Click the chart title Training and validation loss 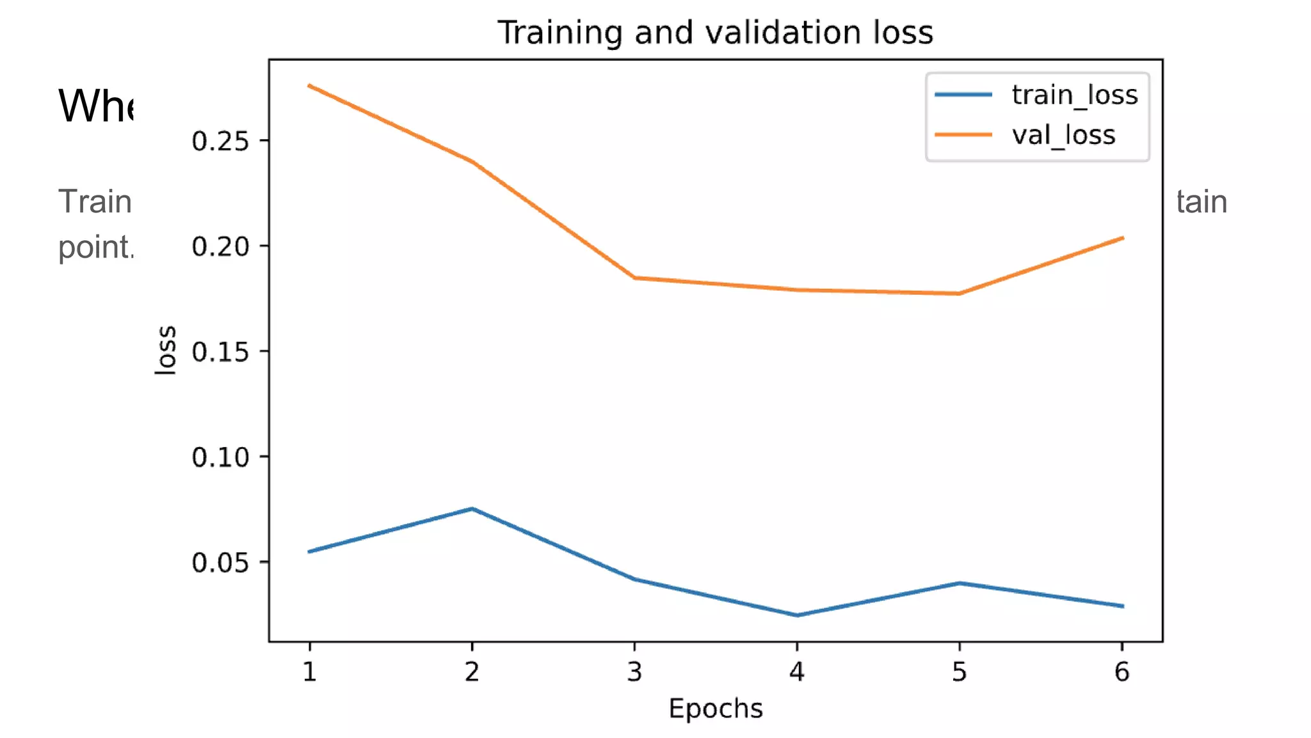tap(715, 32)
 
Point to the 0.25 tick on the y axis tap(220, 141)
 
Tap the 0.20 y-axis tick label tap(220, 247)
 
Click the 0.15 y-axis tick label tap(220, 352)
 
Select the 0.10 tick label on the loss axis tap(220, 457)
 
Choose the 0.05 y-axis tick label tap(220, 562)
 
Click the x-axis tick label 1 tap(310, 671)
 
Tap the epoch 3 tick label tap(634, 671)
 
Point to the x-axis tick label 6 tap(1122, 671)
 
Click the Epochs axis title tap(715, 709)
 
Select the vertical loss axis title tap(166, 350)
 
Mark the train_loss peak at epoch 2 tap(472, 509)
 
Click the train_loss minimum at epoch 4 tap(797, 615)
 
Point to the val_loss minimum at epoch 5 tap(959, 293)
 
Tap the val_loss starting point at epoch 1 tap(310, 85)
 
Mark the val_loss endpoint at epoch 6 tap(1122, 238)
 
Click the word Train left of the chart tap(95, 202)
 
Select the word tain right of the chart tap(1202, 202)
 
